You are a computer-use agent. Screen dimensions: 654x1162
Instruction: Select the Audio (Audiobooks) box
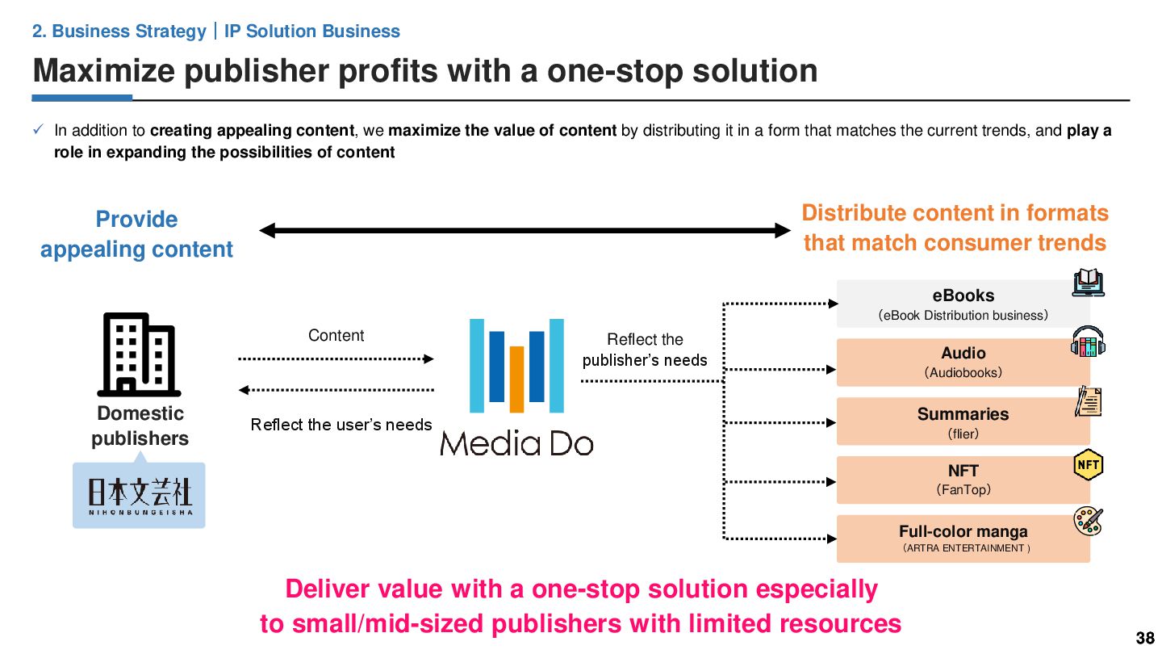[963, 363]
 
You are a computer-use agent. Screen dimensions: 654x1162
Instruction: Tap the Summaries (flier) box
[963, 421]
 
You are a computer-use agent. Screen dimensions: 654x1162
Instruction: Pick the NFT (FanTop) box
[963, 480]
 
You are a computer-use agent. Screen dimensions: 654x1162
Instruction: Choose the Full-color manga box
[963, 539]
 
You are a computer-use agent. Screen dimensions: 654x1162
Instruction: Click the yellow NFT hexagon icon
[1088, 465]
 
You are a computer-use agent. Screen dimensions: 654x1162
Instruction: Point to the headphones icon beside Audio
[1088, 342]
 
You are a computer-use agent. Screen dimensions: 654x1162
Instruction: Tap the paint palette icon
[1088, 522]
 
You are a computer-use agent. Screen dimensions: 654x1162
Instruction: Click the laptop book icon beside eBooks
[1088, 283]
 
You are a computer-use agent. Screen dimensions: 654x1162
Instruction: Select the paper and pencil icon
[1088, 402]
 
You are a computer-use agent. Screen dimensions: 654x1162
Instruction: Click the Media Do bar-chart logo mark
[516, 366]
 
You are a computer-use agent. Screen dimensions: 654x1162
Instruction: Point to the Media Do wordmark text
[516, 443]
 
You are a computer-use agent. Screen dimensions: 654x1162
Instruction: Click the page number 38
[1144, 639]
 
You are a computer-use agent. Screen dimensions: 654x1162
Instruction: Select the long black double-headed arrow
[525, 231]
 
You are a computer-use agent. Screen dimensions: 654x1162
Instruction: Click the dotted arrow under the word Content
[336, 358]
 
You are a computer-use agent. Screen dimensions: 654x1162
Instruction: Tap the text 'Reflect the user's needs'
[341, 425]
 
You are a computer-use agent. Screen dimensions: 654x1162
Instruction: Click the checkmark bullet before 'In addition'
[39, 130]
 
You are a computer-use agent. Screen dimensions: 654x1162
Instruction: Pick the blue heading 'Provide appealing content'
[136, 234]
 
